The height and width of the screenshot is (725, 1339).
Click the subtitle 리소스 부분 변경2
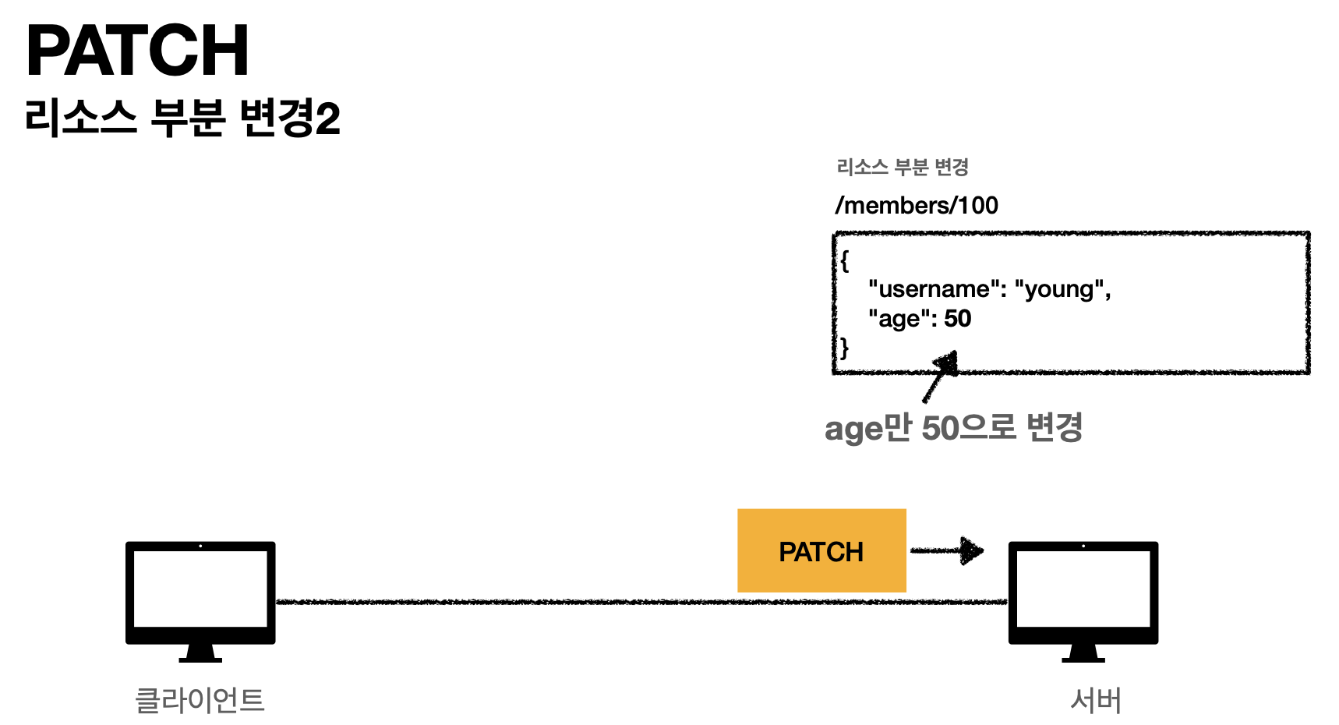[182, 118]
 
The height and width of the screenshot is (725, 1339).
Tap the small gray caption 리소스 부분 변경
[902, 167]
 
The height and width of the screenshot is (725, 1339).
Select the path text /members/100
[916, 205]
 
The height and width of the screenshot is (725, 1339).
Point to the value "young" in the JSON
[1058, 289]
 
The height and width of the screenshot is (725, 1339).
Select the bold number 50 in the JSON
[957, 318]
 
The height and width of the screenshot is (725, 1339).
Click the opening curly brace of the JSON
[844, 260]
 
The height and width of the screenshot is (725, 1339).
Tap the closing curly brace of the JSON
[844, 347]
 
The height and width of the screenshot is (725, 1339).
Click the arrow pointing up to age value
[940, 376]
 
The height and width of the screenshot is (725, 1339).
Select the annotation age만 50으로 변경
[953, 428]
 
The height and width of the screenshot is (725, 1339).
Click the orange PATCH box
[821, 550]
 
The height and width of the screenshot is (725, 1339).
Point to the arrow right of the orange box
[948, 550]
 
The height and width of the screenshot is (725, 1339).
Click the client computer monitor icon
[200, 592]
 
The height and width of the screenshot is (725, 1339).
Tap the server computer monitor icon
[1083, 592]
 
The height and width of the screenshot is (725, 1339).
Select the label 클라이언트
[200, 700]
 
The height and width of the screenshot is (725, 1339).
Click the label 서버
[1095, 700]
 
